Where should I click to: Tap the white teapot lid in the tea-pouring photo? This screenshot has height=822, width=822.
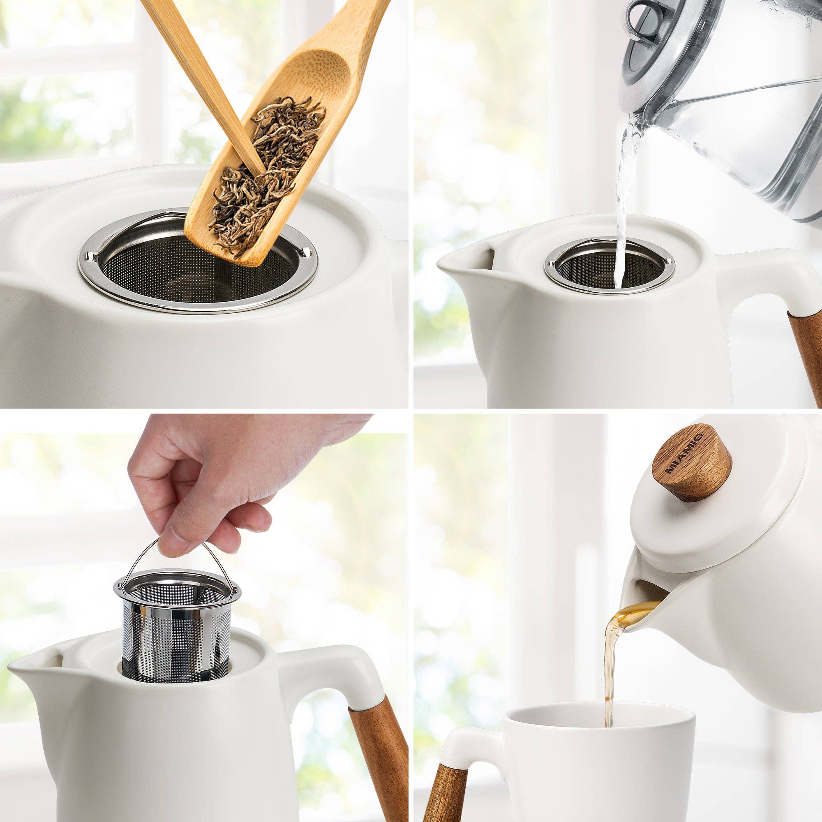(698, 528)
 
